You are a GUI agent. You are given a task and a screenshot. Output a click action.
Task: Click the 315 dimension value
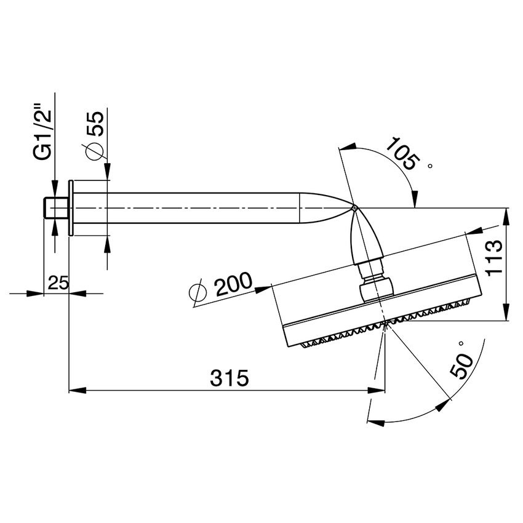click(229, 377)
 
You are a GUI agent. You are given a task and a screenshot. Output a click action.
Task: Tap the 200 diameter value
click(233, 285)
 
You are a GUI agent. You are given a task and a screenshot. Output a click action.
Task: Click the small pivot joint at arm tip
click(354, 209)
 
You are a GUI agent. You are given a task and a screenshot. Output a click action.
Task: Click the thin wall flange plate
click(71, 207)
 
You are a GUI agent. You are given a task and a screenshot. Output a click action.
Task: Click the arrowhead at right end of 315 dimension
click(377, 390)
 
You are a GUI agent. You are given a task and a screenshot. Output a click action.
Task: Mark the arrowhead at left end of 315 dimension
click(76, 390)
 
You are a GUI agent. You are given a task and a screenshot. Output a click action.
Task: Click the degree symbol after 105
click(430, 165)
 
